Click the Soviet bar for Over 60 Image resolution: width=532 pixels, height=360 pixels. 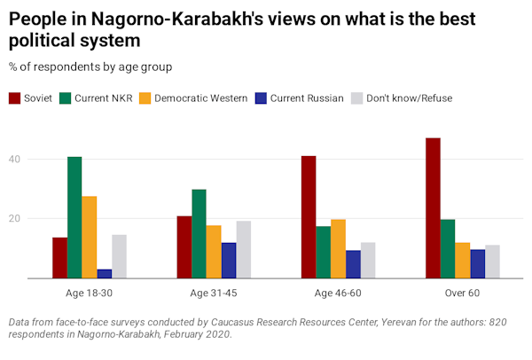433,208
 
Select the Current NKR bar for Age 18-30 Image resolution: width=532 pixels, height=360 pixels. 74,217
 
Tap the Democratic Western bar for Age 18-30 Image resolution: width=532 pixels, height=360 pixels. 90,237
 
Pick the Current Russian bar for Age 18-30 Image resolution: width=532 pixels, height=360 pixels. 105,273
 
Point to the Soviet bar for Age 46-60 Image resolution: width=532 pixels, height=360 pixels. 309,217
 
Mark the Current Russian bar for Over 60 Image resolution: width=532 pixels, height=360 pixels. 478,263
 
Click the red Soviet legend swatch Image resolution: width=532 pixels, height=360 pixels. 16,98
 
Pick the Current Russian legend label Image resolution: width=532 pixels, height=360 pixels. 308,98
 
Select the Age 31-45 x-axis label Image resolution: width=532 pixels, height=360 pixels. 214,293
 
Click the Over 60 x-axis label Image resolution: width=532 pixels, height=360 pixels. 463,293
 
